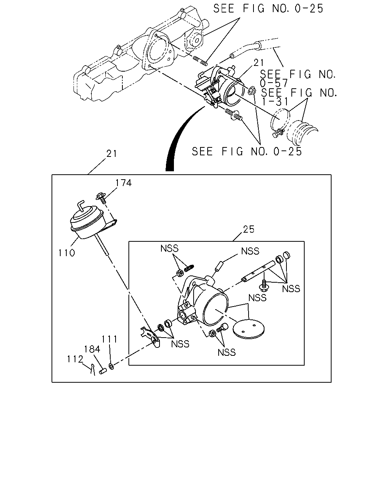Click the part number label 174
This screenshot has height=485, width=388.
coord(123,183)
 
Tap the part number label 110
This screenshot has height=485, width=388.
coord(67,253)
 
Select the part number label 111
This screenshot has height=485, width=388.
coord(110,339)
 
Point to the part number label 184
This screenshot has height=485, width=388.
coord(92,349)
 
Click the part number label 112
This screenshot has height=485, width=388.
coord(75,359)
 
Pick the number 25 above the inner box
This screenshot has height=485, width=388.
coord(249,230)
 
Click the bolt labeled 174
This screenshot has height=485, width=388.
coord(101,198)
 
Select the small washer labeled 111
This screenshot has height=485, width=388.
coord(111,366)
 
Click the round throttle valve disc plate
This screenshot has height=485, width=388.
coord(249,329)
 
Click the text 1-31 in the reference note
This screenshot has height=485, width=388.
coord(275,102)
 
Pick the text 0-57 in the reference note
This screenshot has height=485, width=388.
coord(274,83)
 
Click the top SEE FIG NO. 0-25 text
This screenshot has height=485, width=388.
coord(268,9)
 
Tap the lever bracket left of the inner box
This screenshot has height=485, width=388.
coord(150,337)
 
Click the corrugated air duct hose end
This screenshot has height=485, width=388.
coord(302,133)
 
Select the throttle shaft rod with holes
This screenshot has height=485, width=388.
coord(258,271)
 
